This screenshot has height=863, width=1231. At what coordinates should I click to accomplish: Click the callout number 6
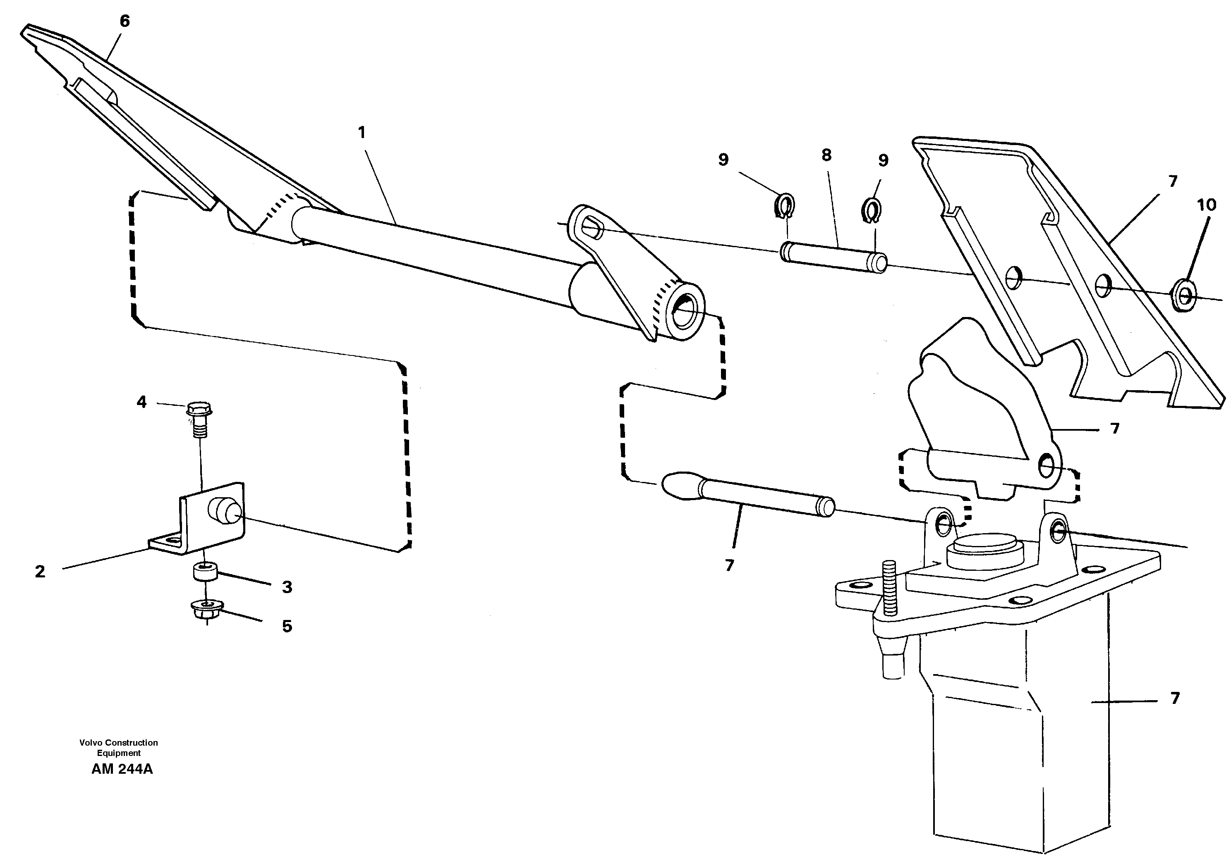point(125,21)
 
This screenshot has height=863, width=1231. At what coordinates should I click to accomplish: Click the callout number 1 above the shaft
point(362,132)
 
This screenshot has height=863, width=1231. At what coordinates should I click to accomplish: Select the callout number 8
point(826,155)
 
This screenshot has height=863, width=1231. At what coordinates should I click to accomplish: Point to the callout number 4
point(141,402)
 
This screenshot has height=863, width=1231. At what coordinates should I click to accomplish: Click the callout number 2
point(40,572)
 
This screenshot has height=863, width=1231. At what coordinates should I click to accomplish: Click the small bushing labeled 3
point(205,572)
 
